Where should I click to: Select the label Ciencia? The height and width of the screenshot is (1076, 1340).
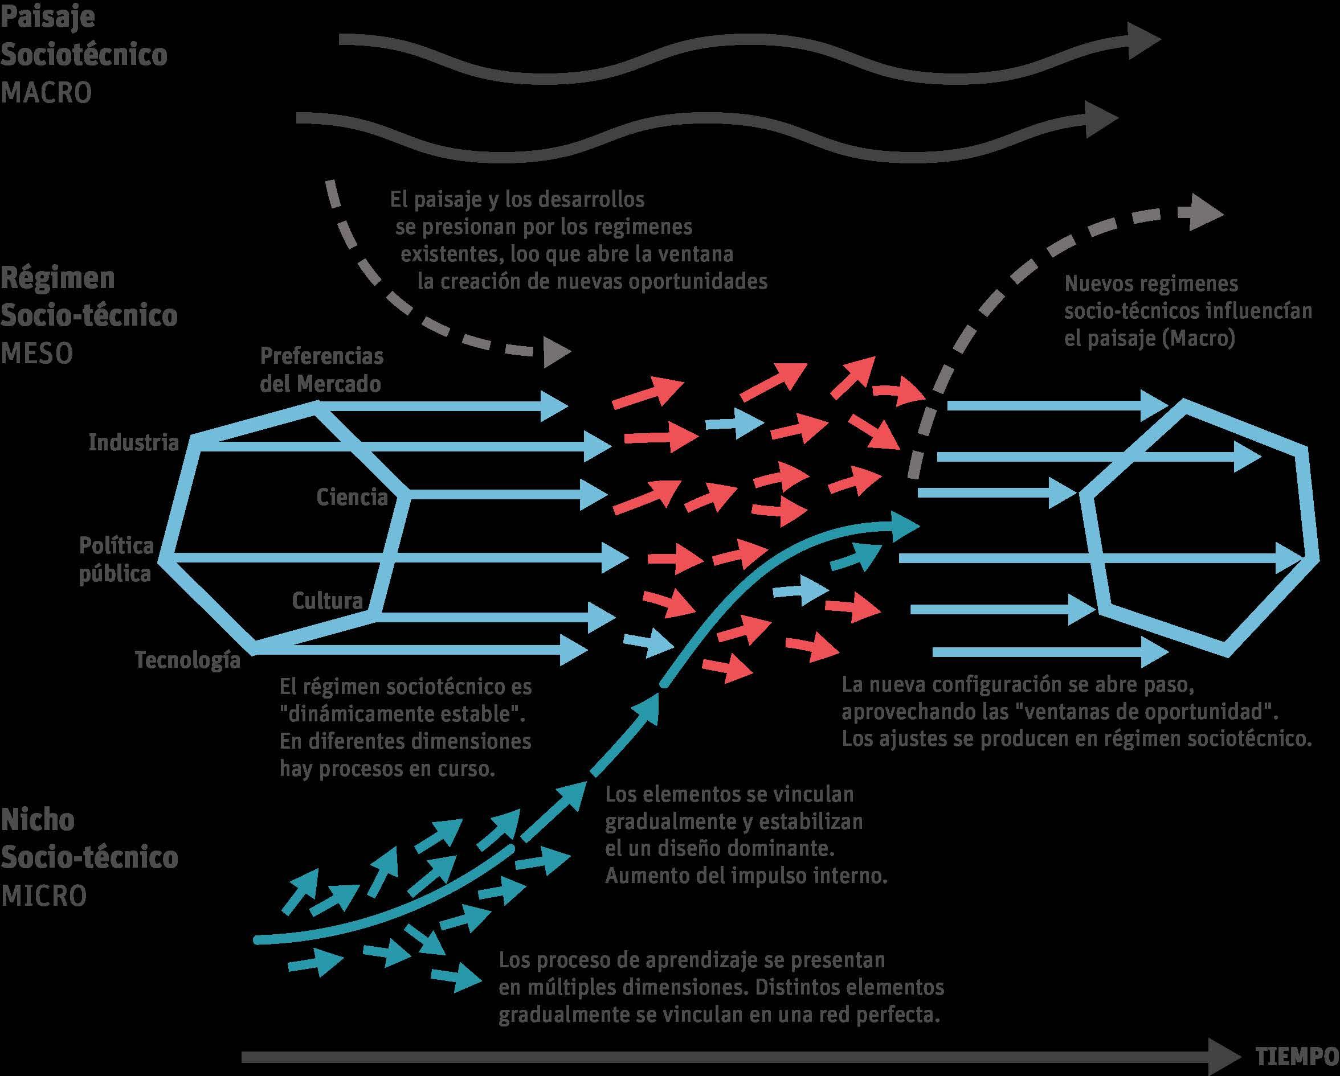coord(352,496)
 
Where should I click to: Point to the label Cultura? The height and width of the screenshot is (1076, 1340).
coord(327,600)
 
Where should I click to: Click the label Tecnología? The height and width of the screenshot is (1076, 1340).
coord(187,659)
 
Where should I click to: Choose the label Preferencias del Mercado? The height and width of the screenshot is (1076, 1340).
coord(321,369)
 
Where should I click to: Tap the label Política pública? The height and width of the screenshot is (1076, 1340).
coord(116,559)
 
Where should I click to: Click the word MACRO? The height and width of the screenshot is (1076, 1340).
coord(46,93)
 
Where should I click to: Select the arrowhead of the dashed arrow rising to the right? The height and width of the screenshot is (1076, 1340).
coord(1206,214)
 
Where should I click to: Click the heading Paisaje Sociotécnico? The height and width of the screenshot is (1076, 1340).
coord(83,36)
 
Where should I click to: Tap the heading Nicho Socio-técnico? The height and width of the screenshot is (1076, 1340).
coord(89,839)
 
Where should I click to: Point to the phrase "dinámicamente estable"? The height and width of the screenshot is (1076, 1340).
coord(402,714)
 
